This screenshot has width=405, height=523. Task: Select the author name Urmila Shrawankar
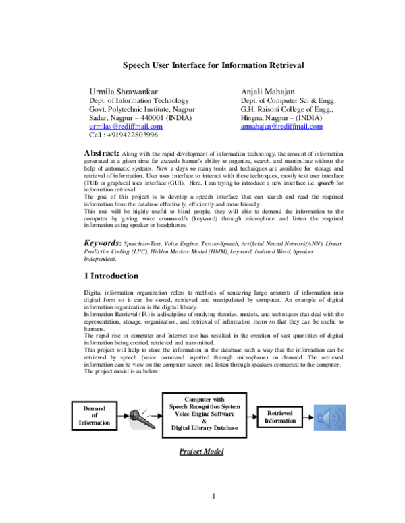coord(126,91)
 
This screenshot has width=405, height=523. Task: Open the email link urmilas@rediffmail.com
coord(126,127)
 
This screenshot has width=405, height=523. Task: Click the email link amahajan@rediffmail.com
coord(281,127)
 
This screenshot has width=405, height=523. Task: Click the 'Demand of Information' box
coord(94,416)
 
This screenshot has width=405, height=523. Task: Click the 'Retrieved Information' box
coord(280,417)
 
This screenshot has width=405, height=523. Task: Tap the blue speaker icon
coord(334,417)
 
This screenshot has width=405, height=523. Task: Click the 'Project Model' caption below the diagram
coord(202,451)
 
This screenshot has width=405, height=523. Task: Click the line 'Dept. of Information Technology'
coord(139,100)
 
